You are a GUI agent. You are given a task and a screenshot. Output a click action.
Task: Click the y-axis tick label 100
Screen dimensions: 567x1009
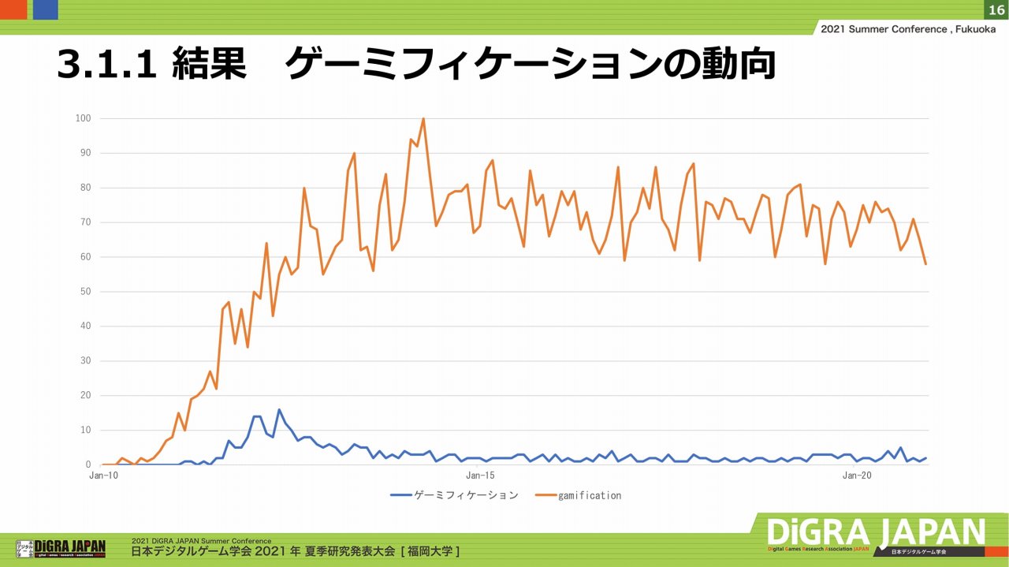[x=84, y=118]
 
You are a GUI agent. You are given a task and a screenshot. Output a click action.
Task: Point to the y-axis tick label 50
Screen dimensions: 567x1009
[x=86, y=292]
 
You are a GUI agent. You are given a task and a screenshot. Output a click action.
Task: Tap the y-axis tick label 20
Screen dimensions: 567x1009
[x=86, y=396]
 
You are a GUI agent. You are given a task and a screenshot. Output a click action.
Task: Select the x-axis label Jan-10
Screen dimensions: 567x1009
[x=103, y=476]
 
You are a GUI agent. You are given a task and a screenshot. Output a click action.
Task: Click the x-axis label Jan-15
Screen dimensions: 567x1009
[x=480, y=476]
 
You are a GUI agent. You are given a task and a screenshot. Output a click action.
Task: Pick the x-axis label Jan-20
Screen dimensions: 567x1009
[x=857, y=476]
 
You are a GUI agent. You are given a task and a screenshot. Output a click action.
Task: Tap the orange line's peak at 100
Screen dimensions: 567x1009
[x=423, y=119]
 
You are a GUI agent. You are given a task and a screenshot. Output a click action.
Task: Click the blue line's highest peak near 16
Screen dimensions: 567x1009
[x=279, y=410]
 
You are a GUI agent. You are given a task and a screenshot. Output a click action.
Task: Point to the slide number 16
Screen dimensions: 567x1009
[x=996, y=9]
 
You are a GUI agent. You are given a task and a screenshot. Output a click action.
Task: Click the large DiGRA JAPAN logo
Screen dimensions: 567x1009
[x=875, y=534]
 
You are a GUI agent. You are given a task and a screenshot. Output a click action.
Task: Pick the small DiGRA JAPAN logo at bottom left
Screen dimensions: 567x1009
[x=61, y=547]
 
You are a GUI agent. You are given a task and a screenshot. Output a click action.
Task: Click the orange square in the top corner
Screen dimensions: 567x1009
[x=13, y=9]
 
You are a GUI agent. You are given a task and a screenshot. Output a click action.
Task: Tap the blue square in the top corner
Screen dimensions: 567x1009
[x=45, y=9]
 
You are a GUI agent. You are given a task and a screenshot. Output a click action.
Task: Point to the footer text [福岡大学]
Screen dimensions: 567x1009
[x=430, y=550]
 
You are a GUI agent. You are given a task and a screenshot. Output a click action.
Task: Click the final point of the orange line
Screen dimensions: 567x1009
[x=925, y=263]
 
